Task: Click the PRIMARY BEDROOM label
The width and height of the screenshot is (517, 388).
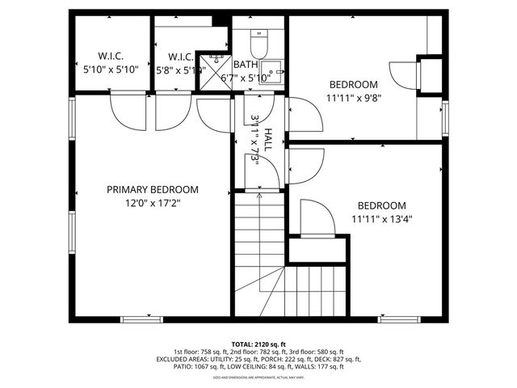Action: point(153,189)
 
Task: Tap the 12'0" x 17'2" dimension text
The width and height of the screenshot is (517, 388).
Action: point(153,203)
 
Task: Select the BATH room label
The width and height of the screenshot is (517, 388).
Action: point(246,65)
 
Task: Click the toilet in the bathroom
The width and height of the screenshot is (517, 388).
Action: point(259,40)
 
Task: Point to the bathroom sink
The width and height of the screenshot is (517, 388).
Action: point(274,71)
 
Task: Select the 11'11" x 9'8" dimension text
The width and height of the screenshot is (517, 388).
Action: point(353,98)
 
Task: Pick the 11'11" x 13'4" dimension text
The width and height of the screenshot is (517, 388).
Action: point(382,218)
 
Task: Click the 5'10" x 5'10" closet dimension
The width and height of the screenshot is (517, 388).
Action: point(111,70)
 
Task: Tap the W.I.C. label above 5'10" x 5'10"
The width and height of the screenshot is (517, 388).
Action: point(111,56)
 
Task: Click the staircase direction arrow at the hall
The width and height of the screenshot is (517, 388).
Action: point(258,195)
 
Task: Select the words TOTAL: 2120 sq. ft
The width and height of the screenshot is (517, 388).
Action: point(258,344)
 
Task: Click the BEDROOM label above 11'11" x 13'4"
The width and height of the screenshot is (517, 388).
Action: point(381,205)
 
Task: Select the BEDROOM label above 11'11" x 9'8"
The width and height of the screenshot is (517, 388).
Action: point(353,85)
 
